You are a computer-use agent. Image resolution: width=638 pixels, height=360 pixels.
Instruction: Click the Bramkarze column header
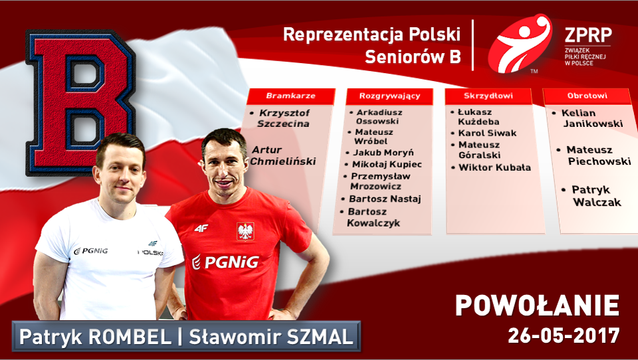290,96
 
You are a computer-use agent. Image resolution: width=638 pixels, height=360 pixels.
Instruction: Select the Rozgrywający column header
389,96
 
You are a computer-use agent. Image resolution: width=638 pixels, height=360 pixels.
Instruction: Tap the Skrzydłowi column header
488,96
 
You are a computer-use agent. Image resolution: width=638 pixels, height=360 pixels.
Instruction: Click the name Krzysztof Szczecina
283,118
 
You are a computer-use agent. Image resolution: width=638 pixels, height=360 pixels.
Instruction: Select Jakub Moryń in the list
383,152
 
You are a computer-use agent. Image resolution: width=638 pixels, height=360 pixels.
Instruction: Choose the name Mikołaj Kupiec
387,164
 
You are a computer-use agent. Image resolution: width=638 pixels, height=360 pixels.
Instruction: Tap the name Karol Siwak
487,133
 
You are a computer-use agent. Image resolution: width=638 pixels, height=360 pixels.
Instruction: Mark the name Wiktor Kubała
494,167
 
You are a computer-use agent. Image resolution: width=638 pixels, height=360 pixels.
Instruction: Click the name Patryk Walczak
595,196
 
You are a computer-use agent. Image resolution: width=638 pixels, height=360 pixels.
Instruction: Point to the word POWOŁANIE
537,306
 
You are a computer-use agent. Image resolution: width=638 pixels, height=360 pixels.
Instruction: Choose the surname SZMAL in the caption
318,337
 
